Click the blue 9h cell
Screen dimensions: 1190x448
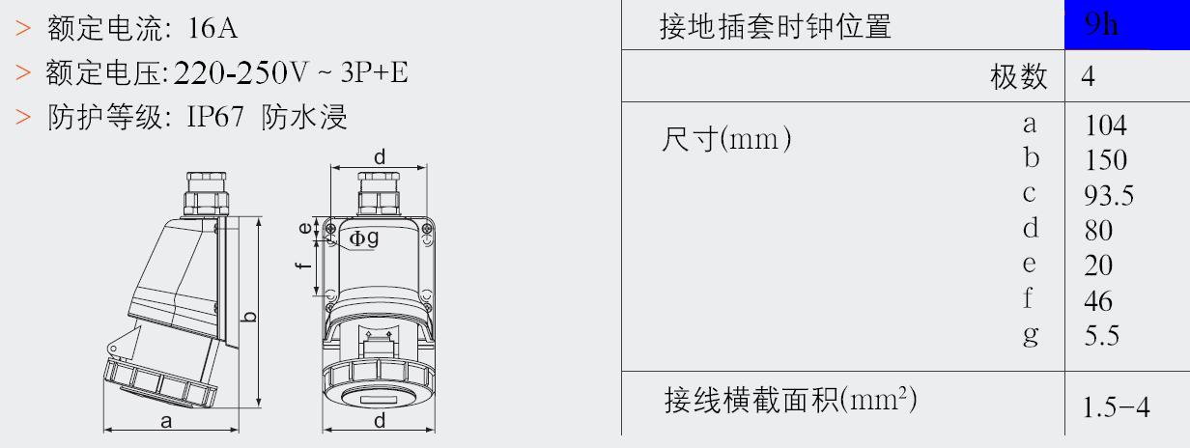[x=1127, y=25]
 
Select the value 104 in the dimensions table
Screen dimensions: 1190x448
[x=1106, y=126]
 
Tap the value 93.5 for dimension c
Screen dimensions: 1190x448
[x=1109, y=195]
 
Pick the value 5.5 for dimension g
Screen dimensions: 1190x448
[x=1102, y=335]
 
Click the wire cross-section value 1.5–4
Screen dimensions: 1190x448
[x=1116, y=407]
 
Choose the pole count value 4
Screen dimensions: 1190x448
[x=1088, y=76]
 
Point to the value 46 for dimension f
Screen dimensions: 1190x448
[x=1098, y=301]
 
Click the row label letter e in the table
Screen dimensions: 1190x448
[x=1029, y=264]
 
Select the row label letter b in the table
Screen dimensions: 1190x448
[x=1032, y=157]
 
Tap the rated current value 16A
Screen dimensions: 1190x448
[x=212, y=28]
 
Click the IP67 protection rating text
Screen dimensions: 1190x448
[x=215, y=116]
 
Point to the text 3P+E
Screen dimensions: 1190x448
[x=375, y=72]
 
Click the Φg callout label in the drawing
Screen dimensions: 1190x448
[x=364, y=238]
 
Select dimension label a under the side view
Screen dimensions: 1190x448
[x=166, y=422]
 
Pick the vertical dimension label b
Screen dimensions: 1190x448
[x=249, y=317]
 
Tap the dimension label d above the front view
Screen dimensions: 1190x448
[x=380, y=157]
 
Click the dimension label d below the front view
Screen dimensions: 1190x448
[x=380, y=420]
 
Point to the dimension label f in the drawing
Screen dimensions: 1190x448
[x=303, y=265]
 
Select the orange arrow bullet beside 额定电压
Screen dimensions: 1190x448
[x=23, y=72]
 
